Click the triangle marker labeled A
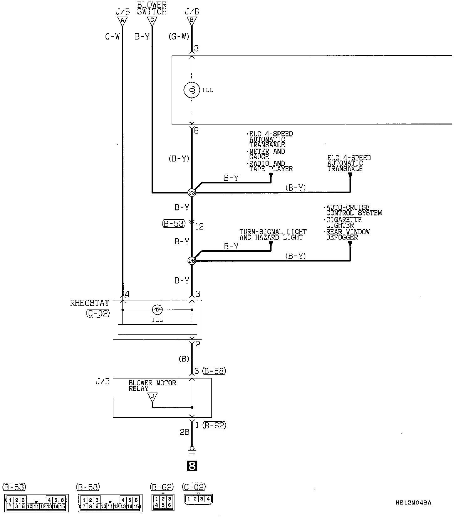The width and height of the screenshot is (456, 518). click(x=122, y=21)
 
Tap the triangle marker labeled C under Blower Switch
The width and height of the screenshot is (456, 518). click(x=152, y=21)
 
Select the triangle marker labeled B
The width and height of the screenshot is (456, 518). click(x=192, y=21)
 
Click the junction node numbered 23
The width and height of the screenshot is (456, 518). click(x=192, y=193)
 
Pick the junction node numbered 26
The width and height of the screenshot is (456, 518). click(x=192, y=261)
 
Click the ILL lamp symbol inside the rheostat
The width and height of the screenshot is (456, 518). click(x=157, y=310)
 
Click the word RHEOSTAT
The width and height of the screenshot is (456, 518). click(x=90, y=303)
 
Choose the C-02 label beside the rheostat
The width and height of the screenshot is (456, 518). click(x=98, y=313)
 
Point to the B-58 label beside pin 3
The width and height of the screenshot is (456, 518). click(x=214, y=371)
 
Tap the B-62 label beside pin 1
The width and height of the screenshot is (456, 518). click(x=214, y=425)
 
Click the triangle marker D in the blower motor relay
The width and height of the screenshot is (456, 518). click(x=153, y=397)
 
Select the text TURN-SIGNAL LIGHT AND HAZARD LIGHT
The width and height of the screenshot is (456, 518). click(x=273, y=235)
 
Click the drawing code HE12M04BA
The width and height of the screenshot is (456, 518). click(x=413, y=503)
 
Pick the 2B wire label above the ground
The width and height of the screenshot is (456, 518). click(x=184, y=432)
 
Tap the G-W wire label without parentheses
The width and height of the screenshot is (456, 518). click(x=112, y=37)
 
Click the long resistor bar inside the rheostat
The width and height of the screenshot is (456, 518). click(x=157, y=329)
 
